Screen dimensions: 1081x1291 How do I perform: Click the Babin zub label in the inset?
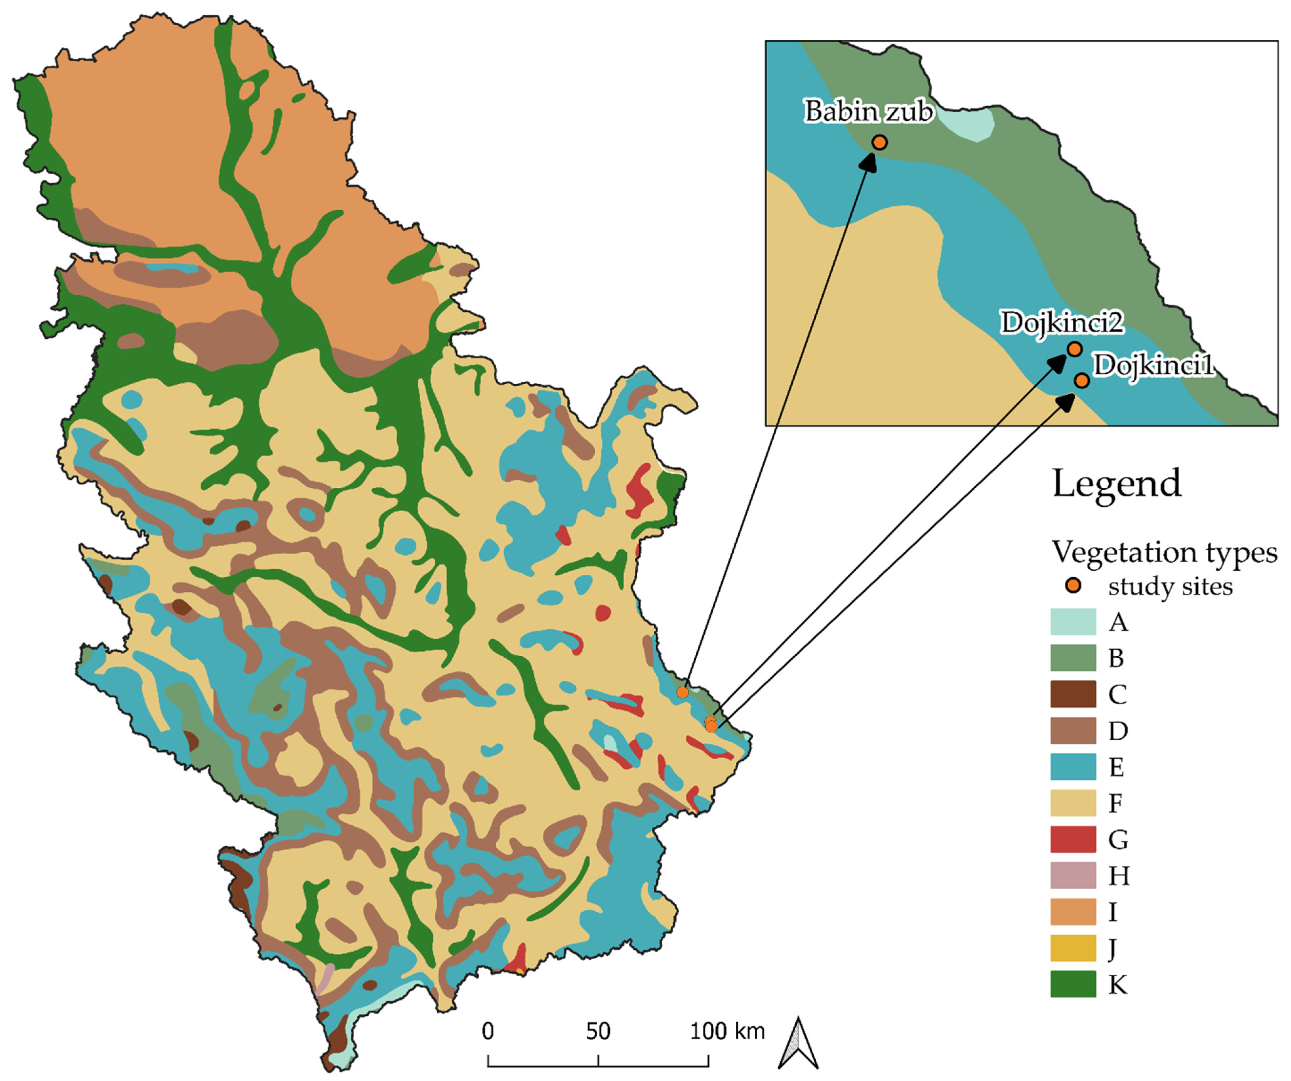(868, 111)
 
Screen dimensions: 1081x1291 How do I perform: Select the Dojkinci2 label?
(1062, 322)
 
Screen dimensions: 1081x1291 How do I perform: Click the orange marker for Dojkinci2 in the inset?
(1074, 349)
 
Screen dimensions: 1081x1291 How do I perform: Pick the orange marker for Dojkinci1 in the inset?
(1082, 381)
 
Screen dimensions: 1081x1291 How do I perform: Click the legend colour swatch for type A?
(1073, 622)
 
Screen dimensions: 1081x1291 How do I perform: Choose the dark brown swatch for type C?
(1073, 694)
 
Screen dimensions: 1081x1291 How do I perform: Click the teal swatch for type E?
(1073, 767)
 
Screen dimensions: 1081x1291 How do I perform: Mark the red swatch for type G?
(1073, 839)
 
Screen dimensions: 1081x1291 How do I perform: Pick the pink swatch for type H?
(1073, 876)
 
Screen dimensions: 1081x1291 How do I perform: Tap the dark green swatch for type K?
(1073, 985)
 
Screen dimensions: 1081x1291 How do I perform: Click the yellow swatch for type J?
(1073, 948)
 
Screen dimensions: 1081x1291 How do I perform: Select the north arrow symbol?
(798, 1044)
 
